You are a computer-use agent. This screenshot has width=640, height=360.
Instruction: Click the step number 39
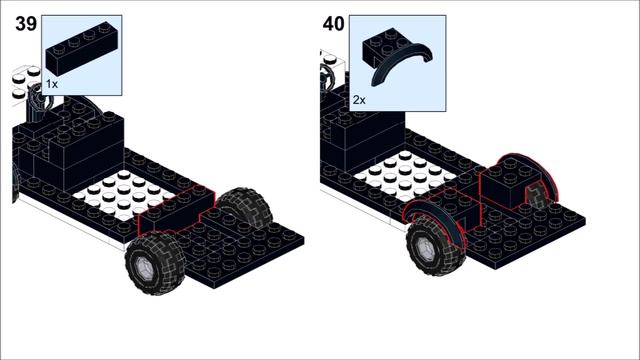26,25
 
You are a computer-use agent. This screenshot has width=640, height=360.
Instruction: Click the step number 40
333,25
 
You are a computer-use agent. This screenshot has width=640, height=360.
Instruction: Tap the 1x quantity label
52,85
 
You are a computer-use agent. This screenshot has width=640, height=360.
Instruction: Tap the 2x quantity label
359,100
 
